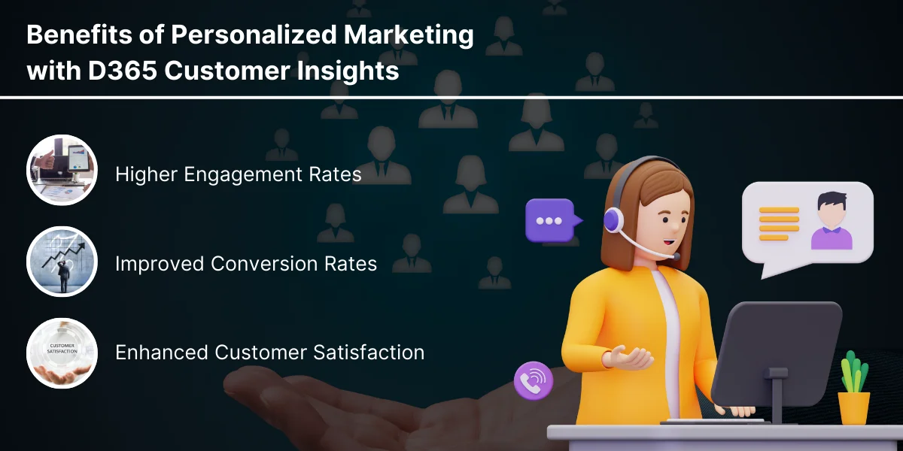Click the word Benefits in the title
click(x=80, y=35)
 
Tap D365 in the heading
click(x=122, y=71)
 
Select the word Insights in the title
click(x=348, y=71)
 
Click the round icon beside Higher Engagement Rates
click(x=62, y=170)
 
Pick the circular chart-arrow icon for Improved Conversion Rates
click(x=62, y=262)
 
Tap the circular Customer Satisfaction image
click(x=62, y=353)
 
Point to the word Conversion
click(x=263, y=264)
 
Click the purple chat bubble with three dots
click(x=552, y=220)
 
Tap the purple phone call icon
click(x=534, y=380)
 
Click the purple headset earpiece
click(x=613, y=219)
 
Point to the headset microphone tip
click(x=676, y=256)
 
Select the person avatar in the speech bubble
click(x=832, y=221)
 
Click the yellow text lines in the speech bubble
click(x=779, y=224)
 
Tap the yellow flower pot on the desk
click(x=853, y=408)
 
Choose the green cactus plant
click(x=854, y=372)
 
